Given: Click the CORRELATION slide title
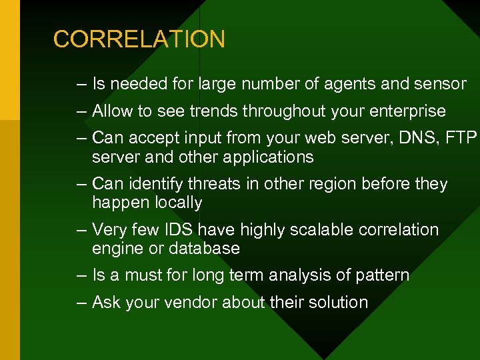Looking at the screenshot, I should tap(139, 39).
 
